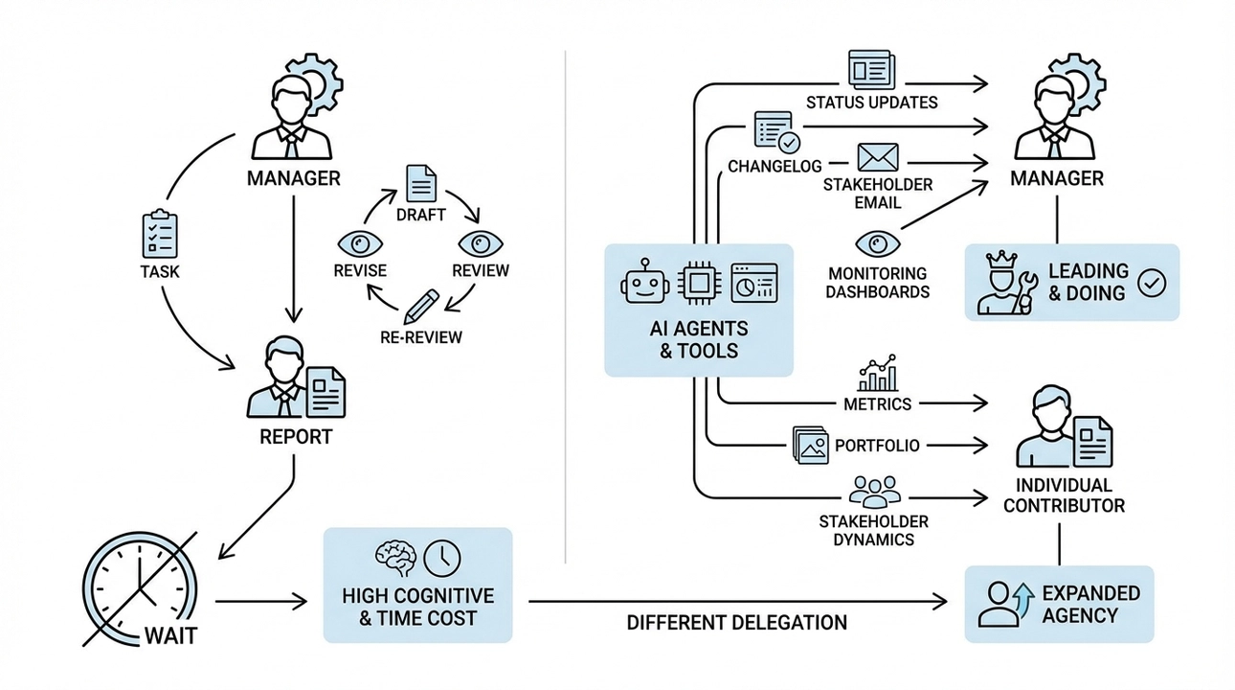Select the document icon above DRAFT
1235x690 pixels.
420,183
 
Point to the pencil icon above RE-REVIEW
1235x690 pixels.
420,305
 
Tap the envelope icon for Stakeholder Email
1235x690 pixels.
877,157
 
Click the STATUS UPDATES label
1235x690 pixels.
871,102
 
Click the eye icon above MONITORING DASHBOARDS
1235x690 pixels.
873,241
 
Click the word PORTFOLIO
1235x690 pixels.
877,445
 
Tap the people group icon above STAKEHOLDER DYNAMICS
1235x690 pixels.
872,491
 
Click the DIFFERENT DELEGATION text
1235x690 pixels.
736,623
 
